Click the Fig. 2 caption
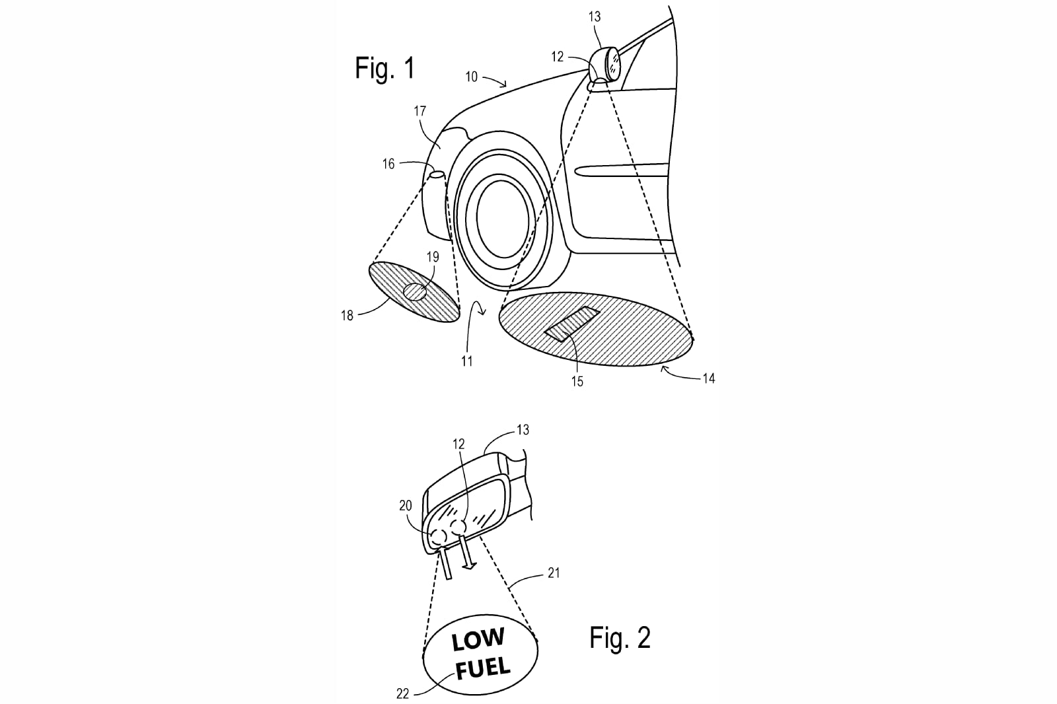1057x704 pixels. pyautogui.click(x=620, y=638)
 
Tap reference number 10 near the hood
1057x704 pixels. pyautogui.click(x=472, y=77)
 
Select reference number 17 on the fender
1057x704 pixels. pyautogui.click(x=419, y=112)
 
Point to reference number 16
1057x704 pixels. pyautogui.click(x=388, y=164)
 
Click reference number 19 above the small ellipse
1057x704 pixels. pyautogui.click(x=433, y=257)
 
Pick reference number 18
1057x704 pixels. pyautogui.click(x=347, y=316)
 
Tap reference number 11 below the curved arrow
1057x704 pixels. pyautogui.click(x=466, y=361)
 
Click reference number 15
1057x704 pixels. pyautogui.click(x=577, y=381)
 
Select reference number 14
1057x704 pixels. pyautogui.click(x=709, y=378)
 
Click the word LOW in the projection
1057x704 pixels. pyautogui.click(x=478, y=641)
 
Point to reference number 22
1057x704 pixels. pyautogui.click(x=402, y=693)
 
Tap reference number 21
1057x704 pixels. pyautogui.click(x=554, y=573)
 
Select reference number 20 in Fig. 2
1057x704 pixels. pyautogui.click(x=406, y=506)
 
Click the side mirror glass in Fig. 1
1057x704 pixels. pyautogui.click(x=614, y=62)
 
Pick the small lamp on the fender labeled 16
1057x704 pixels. pyautogui.click(x=437, y=175)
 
